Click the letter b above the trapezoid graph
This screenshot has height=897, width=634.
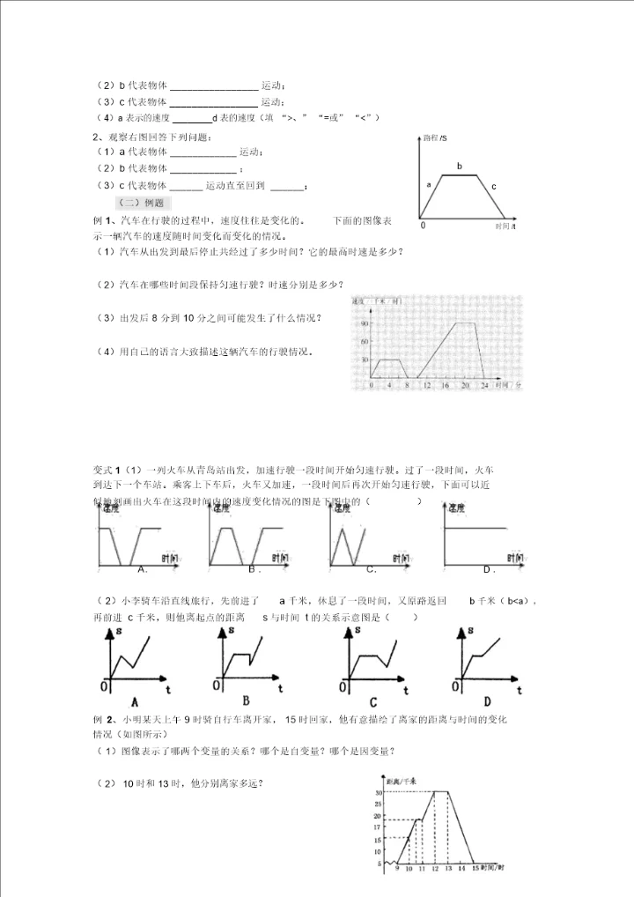[459, 166]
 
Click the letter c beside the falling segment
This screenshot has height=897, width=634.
[494, 186]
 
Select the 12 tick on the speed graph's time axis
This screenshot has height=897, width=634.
[426, 386]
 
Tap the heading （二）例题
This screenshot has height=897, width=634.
[135, 203]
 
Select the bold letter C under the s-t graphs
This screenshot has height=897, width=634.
[373, 702]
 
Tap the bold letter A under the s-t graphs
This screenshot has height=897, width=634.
[134, 702]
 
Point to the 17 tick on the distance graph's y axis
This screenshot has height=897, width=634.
[378, 827]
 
